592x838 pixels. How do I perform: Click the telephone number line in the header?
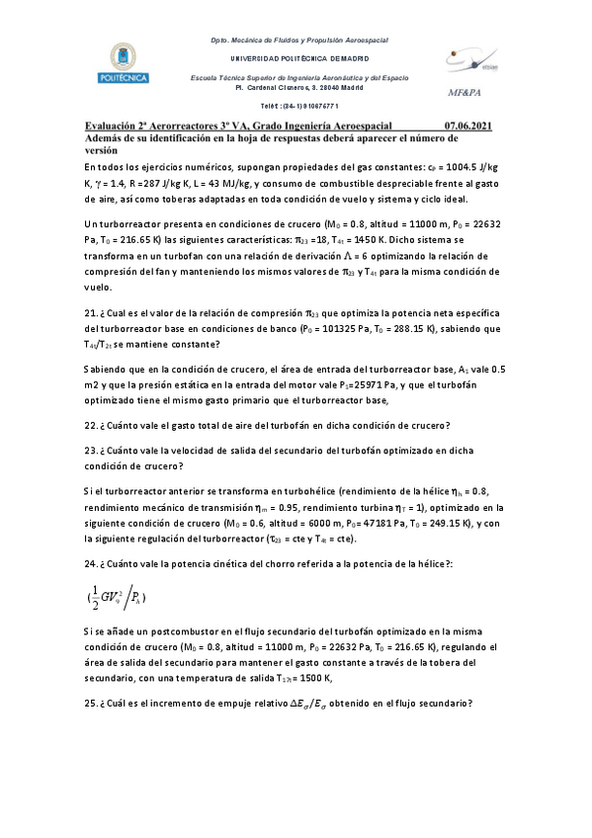[298, 106]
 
